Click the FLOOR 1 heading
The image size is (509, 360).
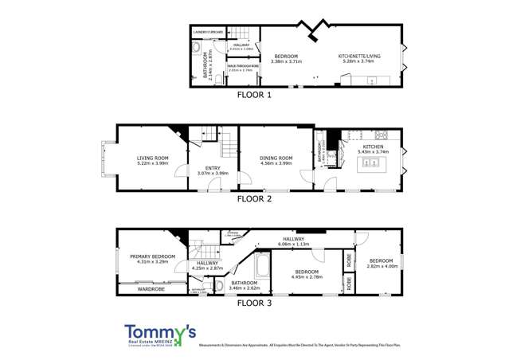255,95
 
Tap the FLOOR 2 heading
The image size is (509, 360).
255,198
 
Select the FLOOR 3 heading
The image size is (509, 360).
255,303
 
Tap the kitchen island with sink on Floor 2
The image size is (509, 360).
372,162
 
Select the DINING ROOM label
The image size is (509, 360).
276,158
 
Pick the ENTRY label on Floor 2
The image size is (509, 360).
213,168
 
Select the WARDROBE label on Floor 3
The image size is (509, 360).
151,289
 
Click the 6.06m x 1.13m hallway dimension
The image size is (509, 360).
292,245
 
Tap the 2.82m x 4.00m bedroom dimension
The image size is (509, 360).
380,266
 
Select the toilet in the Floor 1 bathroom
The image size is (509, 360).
196,49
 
